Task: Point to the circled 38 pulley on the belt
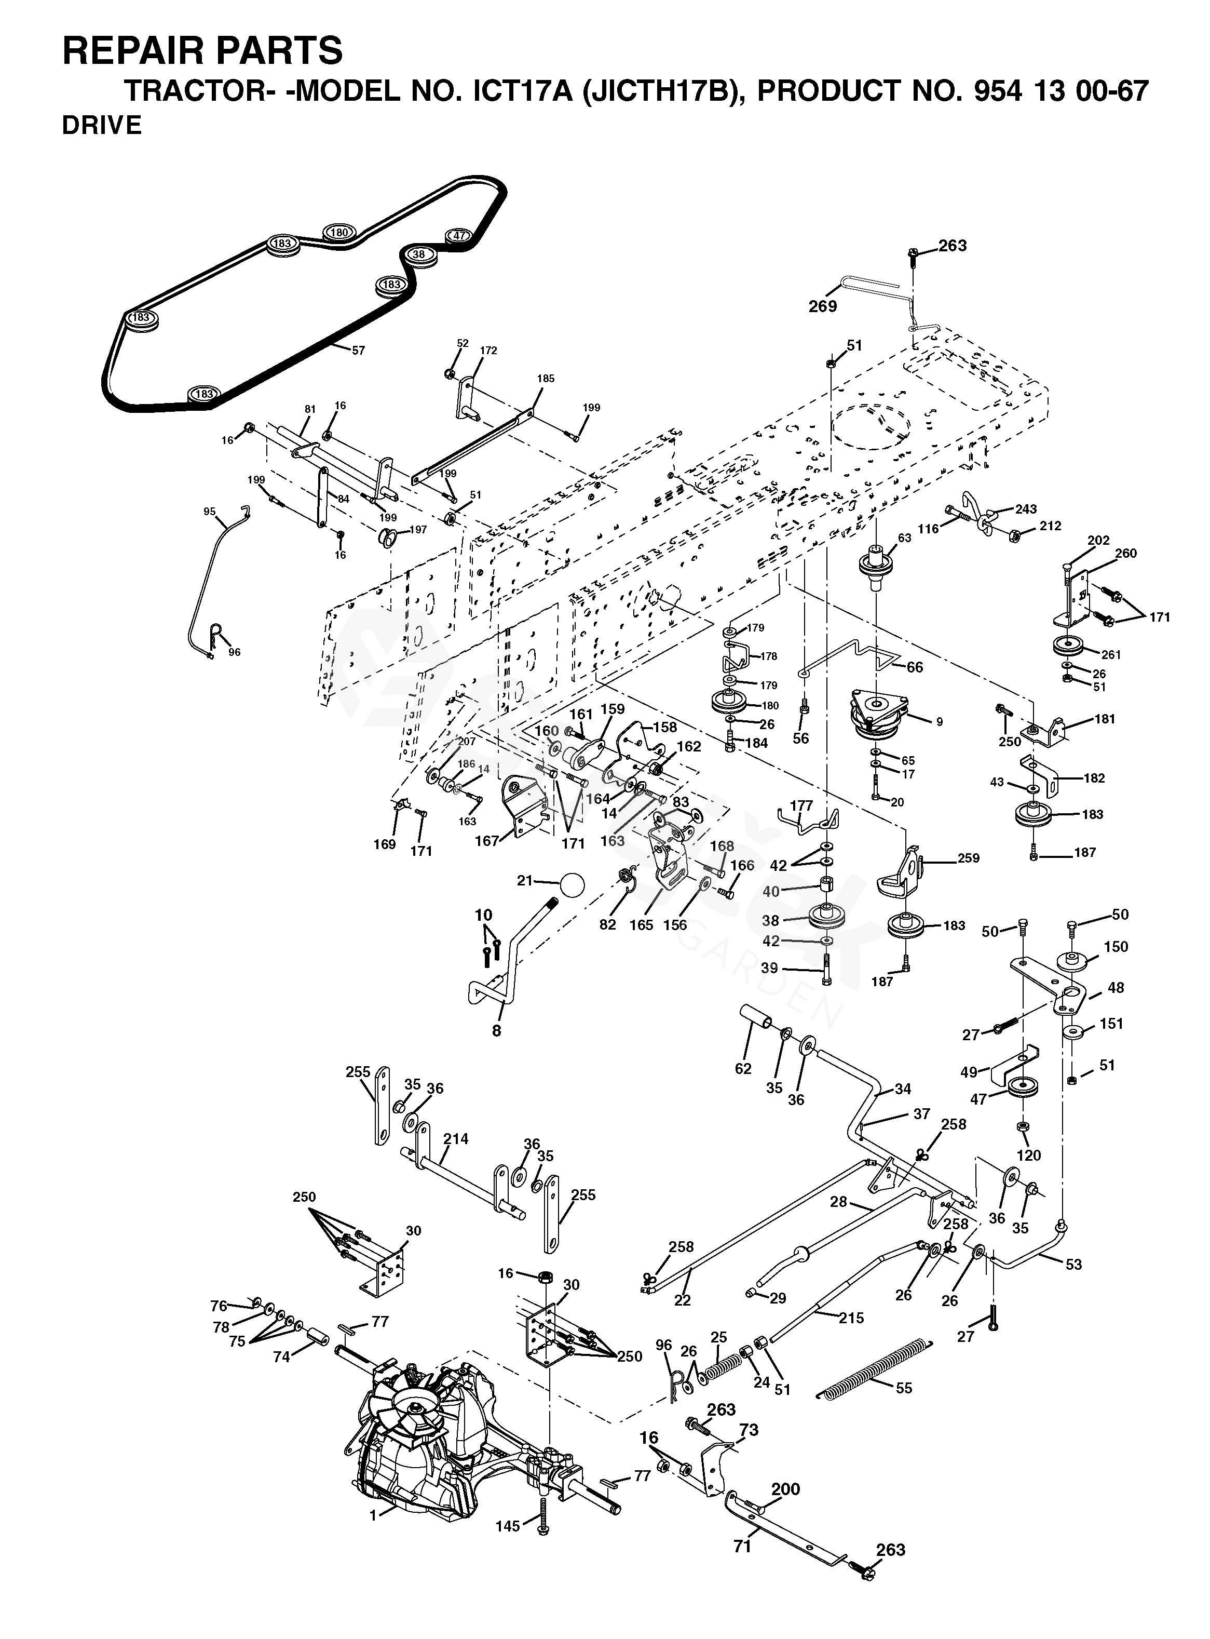coord(419,254)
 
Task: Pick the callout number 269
coord(823,306)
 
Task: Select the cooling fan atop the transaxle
coord(415,1404)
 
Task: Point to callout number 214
coord(456,1138)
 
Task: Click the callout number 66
coord(915,667)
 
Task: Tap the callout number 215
coord(852,1318)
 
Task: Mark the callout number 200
coord(786,1489)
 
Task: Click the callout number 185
coord(546,379)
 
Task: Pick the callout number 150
coord(1116,947)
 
